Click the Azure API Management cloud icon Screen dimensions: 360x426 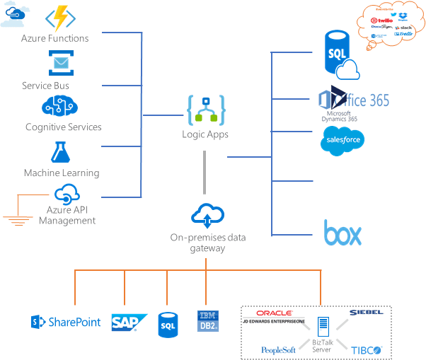click(x=67, y=194)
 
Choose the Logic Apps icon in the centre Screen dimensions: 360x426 click(x=205, y=110)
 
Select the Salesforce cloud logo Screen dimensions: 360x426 click(x=341, y=140)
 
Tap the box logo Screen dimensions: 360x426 click(x=342, y=234)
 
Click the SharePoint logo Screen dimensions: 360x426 click(x=66, y=323)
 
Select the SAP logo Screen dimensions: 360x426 click(x=129, y=323)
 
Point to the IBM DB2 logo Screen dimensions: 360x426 click(x=207, y=321)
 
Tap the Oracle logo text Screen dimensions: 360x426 click(x=275, y=313)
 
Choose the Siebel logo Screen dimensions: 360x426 click(x=366, y=312)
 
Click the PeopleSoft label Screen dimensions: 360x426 click(x=278, y=349)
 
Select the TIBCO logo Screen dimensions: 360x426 click(x=367, y=349)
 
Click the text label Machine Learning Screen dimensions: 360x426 click(x=62, y=173)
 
